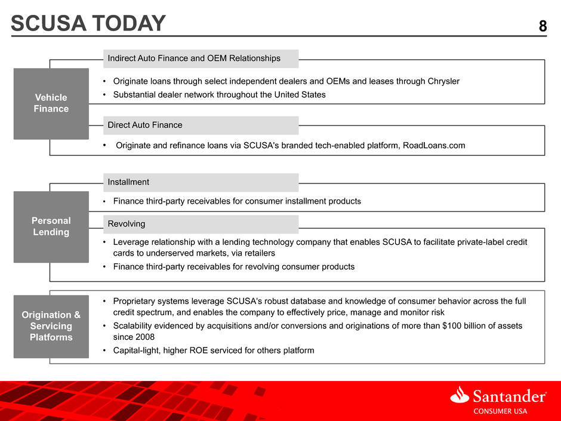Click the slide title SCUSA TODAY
88,23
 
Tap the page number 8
542,26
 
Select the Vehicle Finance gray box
51,103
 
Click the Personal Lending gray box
51,226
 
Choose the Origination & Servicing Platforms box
51,326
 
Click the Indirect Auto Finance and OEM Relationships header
194,59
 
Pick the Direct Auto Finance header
145,125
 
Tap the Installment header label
128,182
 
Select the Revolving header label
127,224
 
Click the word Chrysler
443,81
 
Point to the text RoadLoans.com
434,145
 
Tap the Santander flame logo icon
460,395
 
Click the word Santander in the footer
510,397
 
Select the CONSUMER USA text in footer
500,411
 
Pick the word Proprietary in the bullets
133,302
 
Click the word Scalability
131,326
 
